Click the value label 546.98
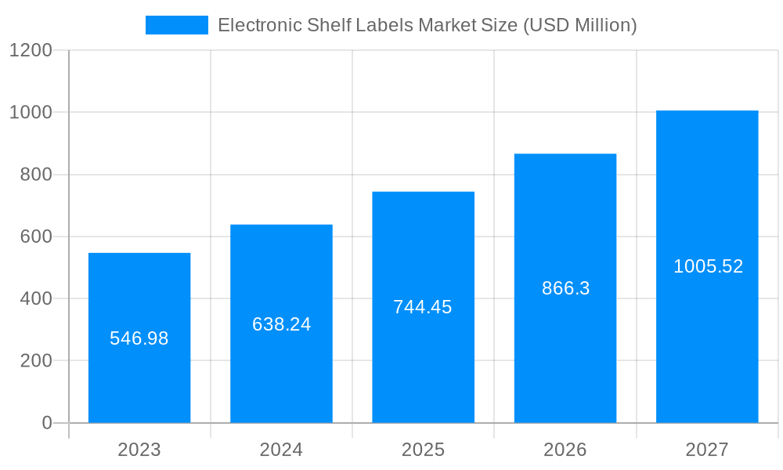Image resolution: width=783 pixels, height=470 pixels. click(139, 338)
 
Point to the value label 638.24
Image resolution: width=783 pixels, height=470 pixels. click(281, 324)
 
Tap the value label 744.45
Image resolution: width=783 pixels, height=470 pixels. click(423, 307)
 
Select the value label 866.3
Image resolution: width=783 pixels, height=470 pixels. click(565, 288)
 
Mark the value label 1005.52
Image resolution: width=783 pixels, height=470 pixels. click(708, 266)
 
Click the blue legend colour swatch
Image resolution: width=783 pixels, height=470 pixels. click(177, 25)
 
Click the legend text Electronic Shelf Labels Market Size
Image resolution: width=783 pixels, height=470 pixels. click(427, 25)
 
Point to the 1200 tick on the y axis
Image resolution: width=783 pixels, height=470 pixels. click(31, 50)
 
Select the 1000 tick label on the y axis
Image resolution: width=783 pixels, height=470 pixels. click(31, 112)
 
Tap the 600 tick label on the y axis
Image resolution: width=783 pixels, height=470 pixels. click(35, 237)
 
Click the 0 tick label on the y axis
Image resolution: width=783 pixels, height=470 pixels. click(47, 423)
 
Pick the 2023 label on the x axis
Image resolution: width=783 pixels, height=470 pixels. click(139, 450)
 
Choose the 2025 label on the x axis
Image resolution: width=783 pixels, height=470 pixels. click(423, 450)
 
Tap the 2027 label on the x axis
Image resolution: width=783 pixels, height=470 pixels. click(707, 450)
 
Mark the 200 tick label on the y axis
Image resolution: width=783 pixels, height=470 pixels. click(35, 361)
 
